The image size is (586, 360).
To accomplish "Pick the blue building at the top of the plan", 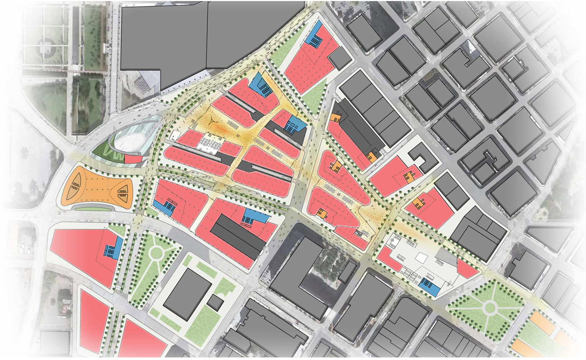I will tap(317, 35).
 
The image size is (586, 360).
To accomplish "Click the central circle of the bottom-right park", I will tap(490, 307).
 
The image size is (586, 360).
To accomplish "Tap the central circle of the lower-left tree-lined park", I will tap(156, 252).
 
